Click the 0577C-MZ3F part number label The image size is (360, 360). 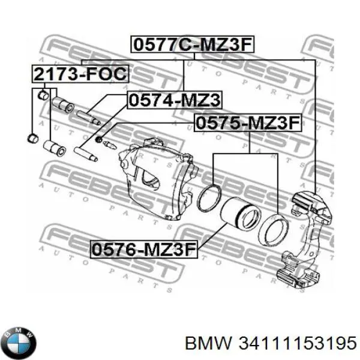(193, 44)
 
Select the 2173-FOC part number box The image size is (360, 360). (80, 74)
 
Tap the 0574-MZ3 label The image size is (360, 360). (175, 100)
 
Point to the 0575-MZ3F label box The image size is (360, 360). (248, 123)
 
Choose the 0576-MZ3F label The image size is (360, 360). (144, 250)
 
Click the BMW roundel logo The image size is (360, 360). (20, 343)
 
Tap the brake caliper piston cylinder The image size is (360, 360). (241, 212)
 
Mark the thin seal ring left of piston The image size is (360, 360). (209, 197)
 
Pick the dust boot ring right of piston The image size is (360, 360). (273, 229)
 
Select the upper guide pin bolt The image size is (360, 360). (88, 118)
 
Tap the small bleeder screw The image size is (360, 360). (110, 145)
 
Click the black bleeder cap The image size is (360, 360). (98, 139)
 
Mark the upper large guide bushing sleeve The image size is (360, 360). (63, 105)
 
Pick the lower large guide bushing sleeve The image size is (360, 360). (55, 148)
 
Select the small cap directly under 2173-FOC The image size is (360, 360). (43, 95)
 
